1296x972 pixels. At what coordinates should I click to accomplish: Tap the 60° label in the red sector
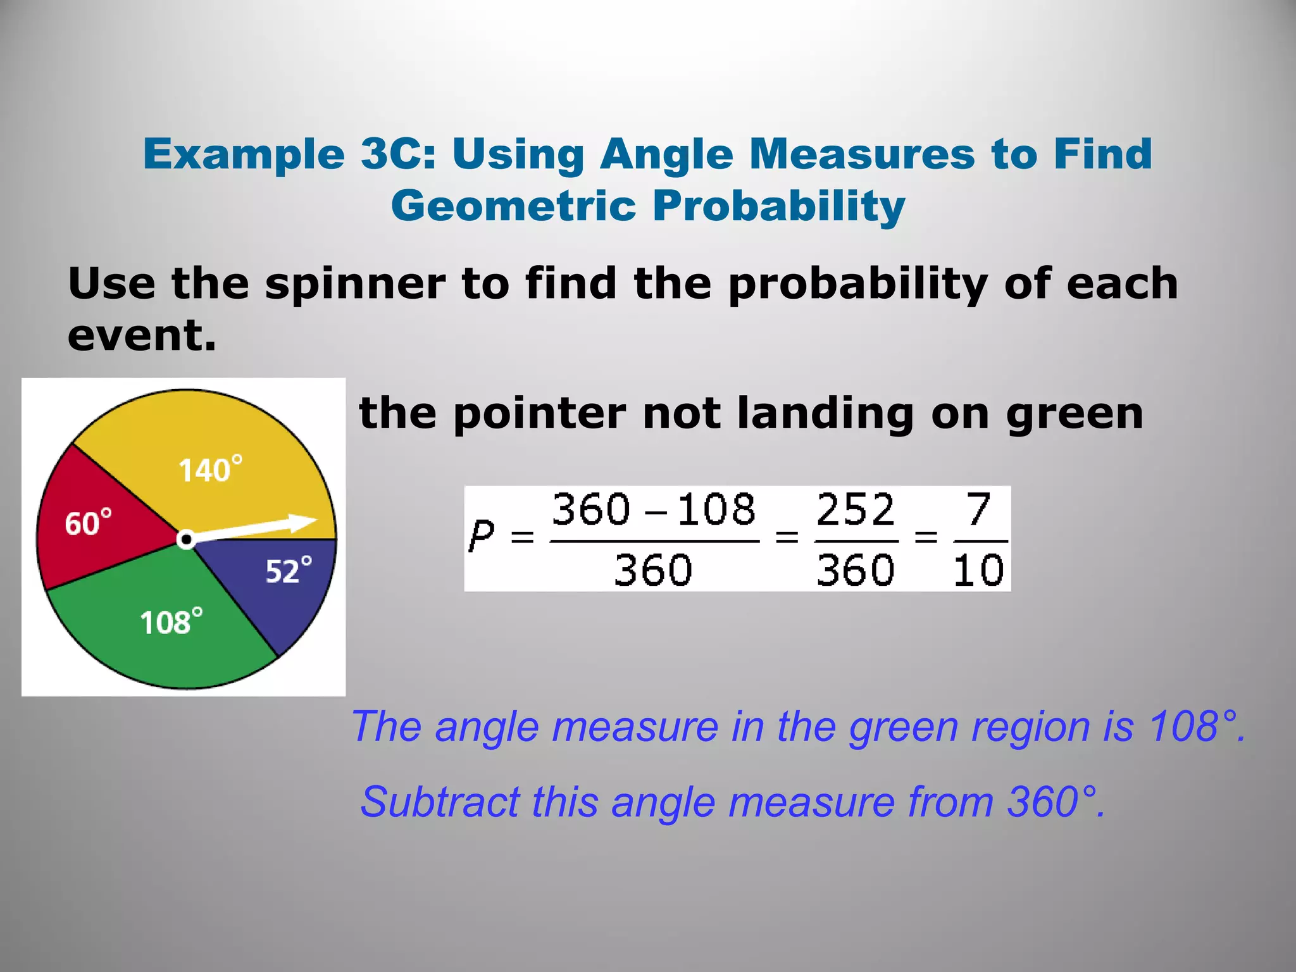[x=88, y=523]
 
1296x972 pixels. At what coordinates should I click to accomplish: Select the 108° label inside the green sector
[x=171, y=622]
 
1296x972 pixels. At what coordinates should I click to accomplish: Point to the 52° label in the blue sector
[x=288, y=571]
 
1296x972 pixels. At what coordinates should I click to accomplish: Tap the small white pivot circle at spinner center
[x=185, y=540]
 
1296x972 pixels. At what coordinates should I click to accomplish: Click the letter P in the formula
[x=481, y=537]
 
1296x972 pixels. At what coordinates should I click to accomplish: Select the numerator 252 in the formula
[x=856, y=510]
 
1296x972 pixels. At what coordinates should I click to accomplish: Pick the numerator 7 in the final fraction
[x=978, y=510]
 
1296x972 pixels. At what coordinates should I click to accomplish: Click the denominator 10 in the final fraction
[x=978, y=570]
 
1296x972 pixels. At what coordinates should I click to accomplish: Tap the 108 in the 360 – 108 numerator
[x=716, y=510]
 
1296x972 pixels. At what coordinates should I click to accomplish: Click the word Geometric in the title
[x=513, y=206]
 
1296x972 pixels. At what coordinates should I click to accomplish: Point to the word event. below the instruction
[x=142, y=335]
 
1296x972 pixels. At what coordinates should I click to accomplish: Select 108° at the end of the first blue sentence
[x=1195, y=726]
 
